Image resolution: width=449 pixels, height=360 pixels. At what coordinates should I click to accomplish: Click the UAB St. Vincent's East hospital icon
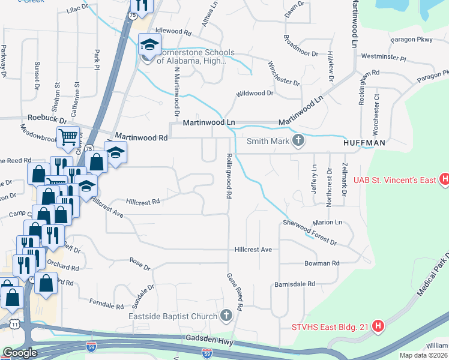pyautogui.click(x=444, y=179)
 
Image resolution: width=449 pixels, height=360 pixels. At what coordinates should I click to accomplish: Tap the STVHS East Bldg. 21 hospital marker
pyautogui.click(x=378, y=326)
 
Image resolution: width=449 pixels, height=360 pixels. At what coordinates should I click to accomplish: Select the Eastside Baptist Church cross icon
pyautogui.click(x=226, y=316)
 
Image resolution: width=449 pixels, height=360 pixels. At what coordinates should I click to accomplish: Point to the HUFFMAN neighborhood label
pyautogui.click(x=363, y=144)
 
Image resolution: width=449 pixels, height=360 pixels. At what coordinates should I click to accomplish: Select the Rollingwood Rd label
pyautogui.click(x=228, y=175)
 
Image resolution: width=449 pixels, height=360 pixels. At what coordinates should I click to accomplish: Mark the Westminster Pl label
pyautogui.click(x=384, y=58)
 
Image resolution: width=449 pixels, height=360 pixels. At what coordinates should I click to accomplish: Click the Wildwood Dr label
pyautogui.click(x=255, y=94)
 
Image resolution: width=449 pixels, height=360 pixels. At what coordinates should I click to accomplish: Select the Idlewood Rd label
pyautogui.click(x=173, y=30)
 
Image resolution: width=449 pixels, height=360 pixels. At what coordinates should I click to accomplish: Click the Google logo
pyautogui.click(x=19, y=353)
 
